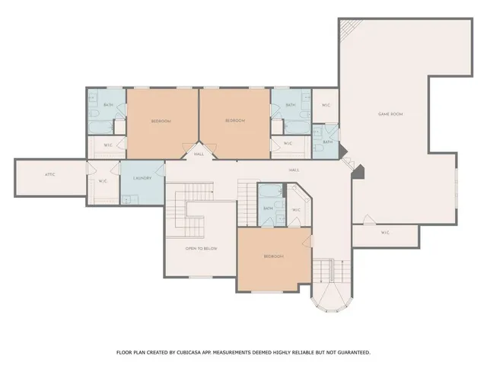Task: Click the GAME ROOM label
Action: coord(390,114)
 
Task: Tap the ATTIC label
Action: coord(50,174)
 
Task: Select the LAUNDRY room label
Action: coord(142,179)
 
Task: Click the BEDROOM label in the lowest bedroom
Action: coord(274,256)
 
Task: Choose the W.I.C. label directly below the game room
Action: coord(385,232)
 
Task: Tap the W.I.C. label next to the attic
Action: coord(103,181)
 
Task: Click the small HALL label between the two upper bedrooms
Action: coord(199,154)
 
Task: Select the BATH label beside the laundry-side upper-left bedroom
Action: coord(108,105)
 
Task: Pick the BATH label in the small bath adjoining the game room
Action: coord(328,142)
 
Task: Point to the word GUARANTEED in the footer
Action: coord(349,352)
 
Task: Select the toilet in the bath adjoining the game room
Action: coord(319,150)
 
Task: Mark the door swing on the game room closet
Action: coord(368,221)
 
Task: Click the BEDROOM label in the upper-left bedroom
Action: coord(161,121)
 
